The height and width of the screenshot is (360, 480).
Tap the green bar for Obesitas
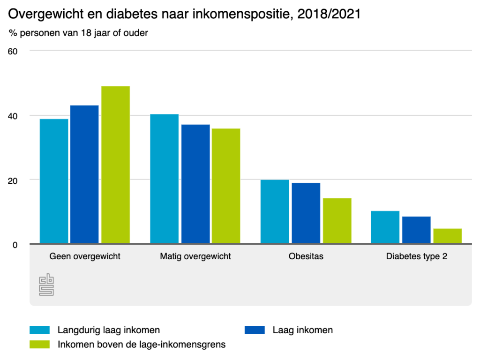pos(337,221)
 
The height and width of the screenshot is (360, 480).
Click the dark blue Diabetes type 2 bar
pos(416,230)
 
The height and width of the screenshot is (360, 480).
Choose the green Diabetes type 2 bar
pos(447,236)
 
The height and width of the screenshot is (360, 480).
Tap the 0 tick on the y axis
pos(15,245)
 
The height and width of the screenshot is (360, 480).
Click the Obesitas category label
pos(306,256)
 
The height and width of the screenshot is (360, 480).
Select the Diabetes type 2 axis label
pos(416,256)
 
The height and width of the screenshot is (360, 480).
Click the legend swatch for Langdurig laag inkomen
pos(39,330)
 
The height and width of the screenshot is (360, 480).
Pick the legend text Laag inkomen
pos(303,330)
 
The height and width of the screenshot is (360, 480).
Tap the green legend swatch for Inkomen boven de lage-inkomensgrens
pos(39,345)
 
